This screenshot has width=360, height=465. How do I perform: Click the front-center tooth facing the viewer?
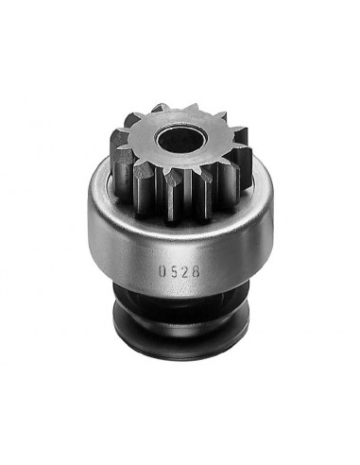click(175, 189)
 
